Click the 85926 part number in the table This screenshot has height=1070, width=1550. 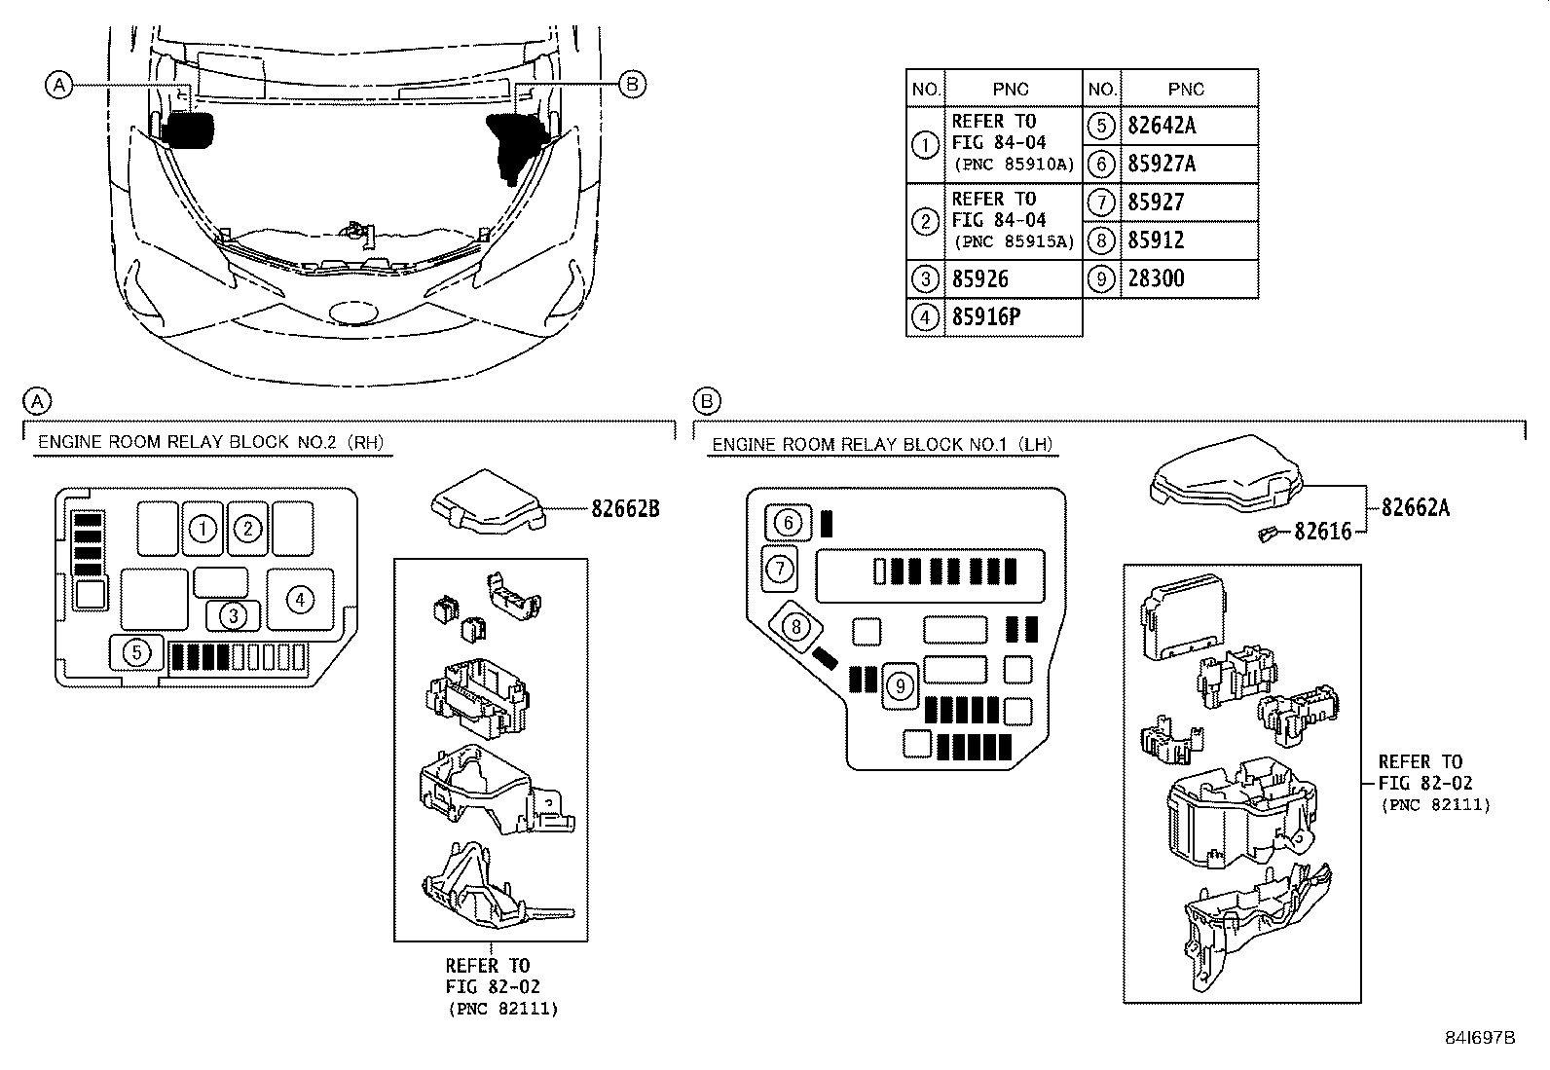point(979,279)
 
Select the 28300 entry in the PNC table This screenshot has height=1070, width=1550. point(1156,279)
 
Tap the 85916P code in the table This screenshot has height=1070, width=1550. point(985,317)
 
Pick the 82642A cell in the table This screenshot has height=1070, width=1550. point(1162,126)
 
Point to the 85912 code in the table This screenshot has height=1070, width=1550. point(1156,240)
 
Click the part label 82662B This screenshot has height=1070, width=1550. point(625,508)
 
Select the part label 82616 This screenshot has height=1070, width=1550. point(1322,532)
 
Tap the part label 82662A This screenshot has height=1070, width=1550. point(1415,507)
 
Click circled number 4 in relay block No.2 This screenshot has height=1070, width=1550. point(300,600)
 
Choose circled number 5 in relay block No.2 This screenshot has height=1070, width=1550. point(137,652)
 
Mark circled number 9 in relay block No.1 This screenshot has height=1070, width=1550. point(901,687)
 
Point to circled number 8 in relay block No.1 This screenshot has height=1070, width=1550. point(796,626)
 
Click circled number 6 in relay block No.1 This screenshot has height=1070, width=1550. point(788,523)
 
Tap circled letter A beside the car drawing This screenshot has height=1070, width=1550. point(59,86)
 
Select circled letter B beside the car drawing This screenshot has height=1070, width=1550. point(632,86)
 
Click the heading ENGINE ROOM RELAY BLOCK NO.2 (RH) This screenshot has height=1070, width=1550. point(210,442)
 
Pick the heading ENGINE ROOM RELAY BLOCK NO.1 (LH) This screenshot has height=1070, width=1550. point(882,445)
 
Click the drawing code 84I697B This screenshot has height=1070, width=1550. point(1480,1038)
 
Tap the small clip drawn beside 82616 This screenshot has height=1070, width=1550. point(1269,533)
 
